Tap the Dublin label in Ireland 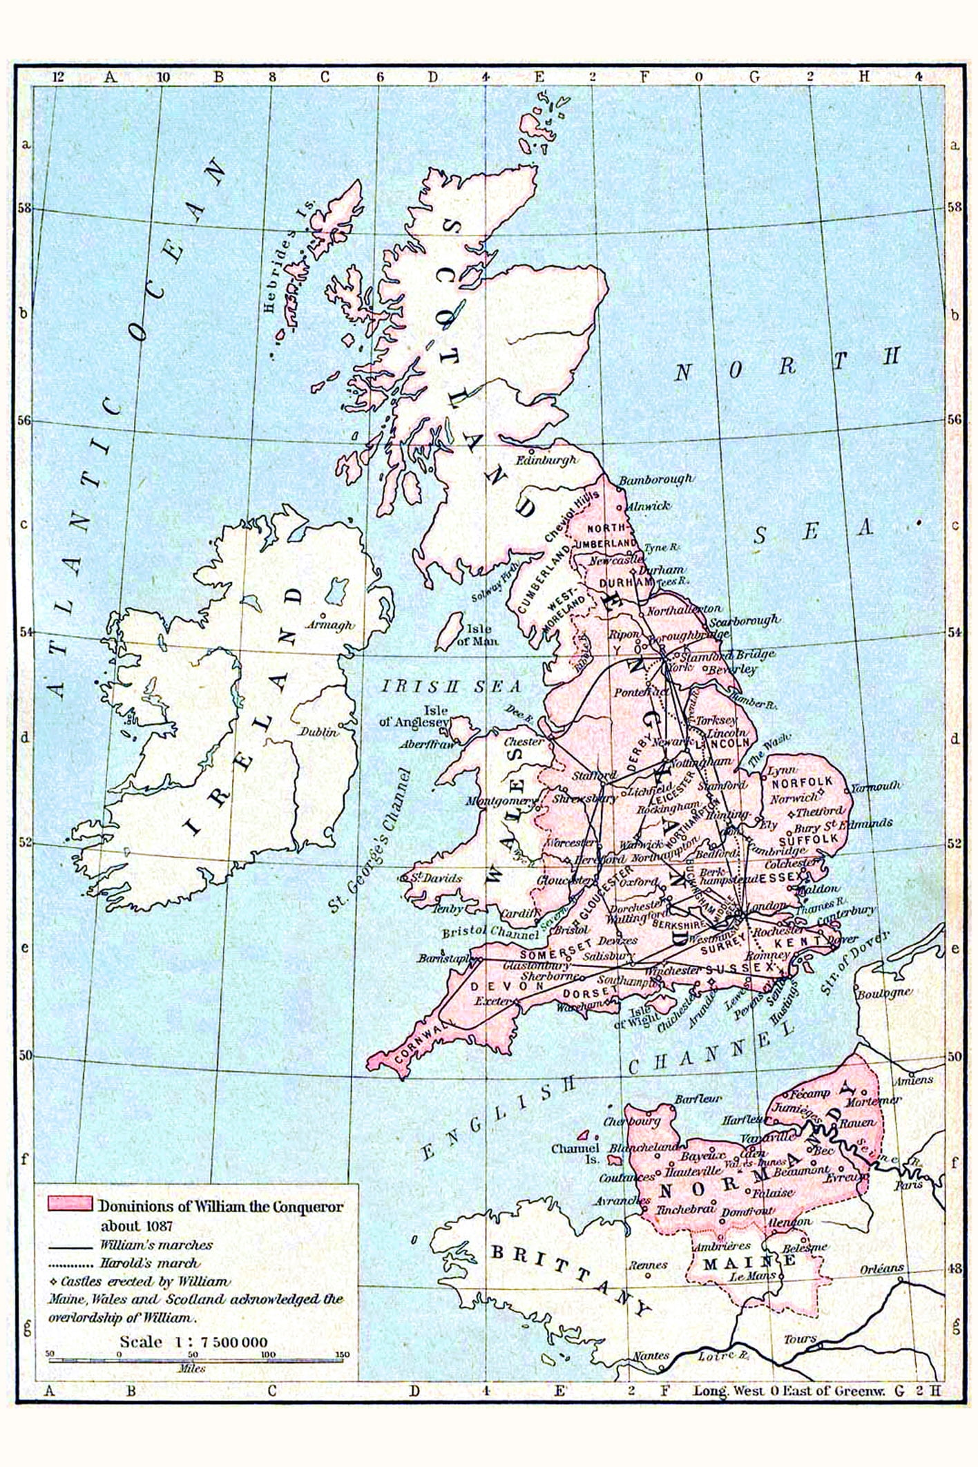pos(318,731)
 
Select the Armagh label pos(329,625)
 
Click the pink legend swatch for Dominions pos(69,1203)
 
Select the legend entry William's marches pos(155,1245)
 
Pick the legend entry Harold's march pos(148,1263)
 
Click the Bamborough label pos(655,479)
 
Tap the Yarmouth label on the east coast pos(876,786)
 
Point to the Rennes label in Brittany pos(648,1265)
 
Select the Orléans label pos(882,1269)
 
